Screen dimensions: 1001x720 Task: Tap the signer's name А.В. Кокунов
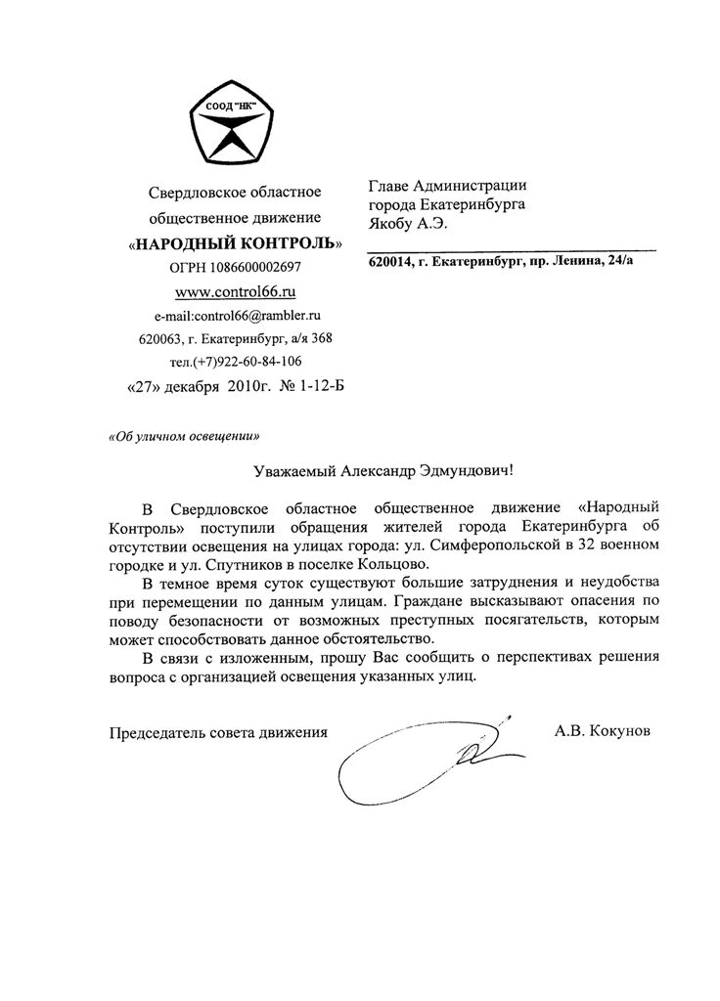[600, 730]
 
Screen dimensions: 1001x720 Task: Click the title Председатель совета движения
[216, 731]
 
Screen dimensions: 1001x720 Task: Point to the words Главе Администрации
[448, 186]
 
